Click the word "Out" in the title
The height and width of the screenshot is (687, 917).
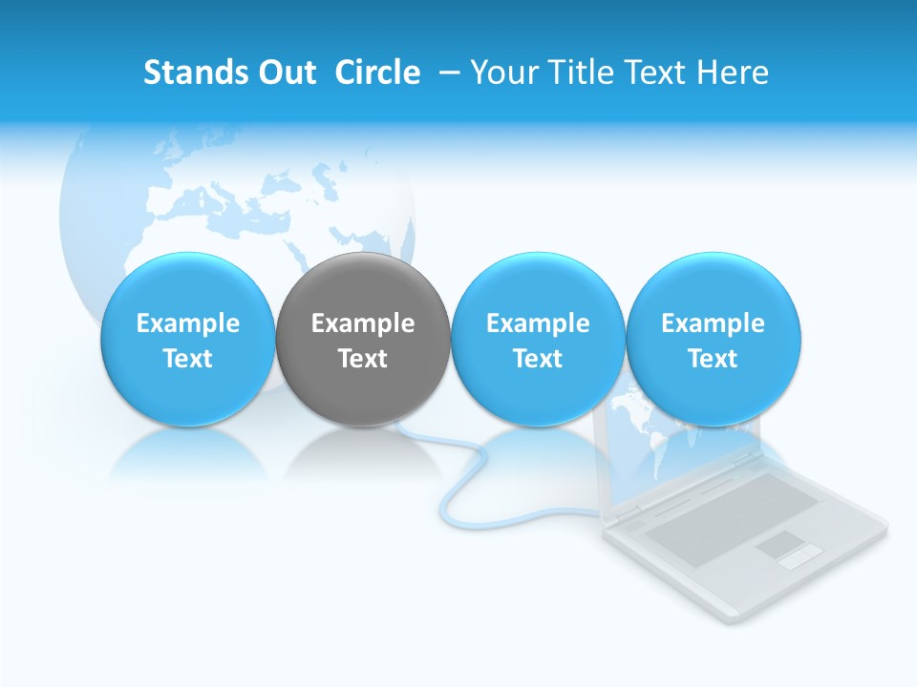pyautogui.click(x=288, y=73)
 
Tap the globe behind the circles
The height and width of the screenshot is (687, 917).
pyautogui.click(x=239, y=200)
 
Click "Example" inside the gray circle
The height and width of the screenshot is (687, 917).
pyautogui.click(x=363, y=323)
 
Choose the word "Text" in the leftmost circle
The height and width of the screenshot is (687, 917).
pyautogui.click(x=187, y=359)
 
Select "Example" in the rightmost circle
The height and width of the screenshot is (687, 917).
pyautogui.click(x=713, y=323)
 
